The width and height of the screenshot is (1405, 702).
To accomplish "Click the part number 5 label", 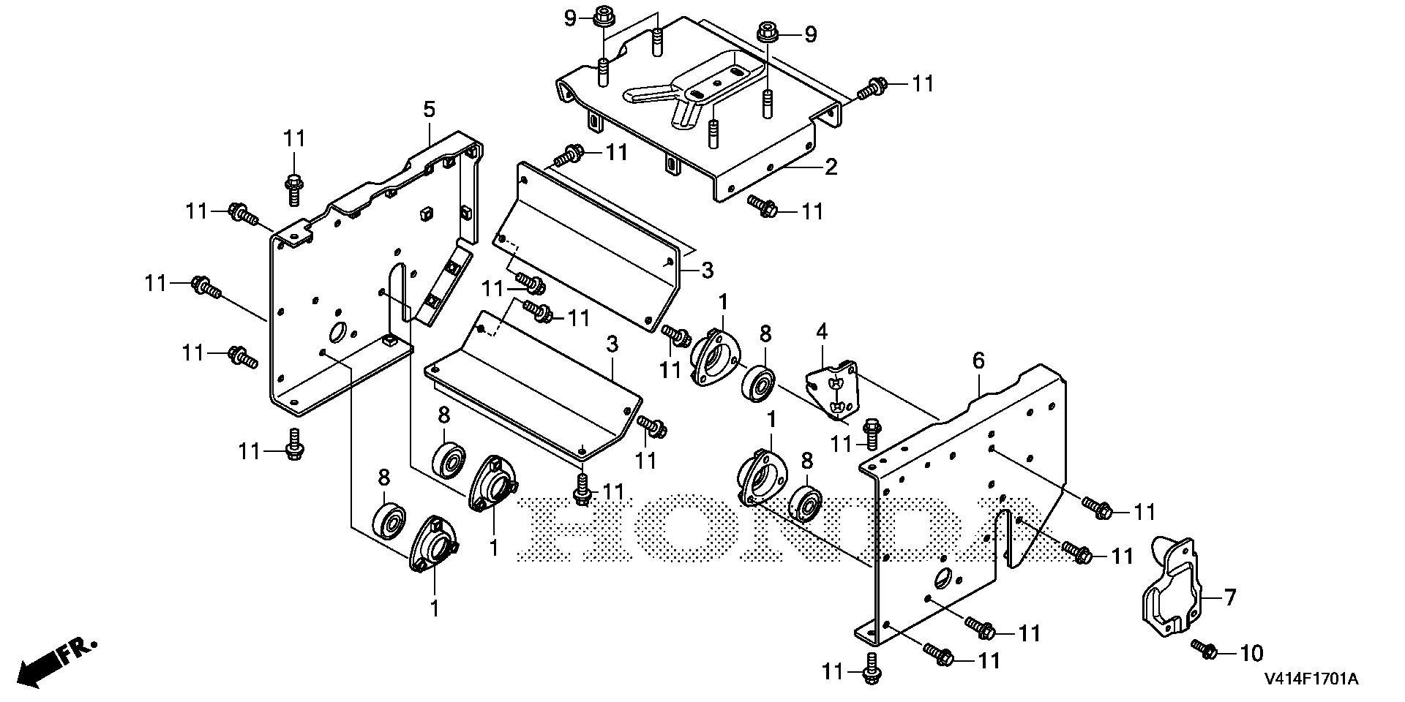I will (x=429, y=110).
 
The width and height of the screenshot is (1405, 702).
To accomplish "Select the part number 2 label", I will (x=830, y=167).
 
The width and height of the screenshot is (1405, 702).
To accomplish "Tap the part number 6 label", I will (x=978, y=360).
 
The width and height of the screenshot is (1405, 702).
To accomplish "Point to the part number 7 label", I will (x=1229, y=597).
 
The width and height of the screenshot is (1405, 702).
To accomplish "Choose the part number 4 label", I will (x=822, y=332).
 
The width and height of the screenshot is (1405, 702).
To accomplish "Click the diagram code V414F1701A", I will (x=1310, y=679).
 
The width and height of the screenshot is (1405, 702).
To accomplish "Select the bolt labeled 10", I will (x=1204, y=648).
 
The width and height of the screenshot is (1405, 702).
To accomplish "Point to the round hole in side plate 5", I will (x=337, y=333).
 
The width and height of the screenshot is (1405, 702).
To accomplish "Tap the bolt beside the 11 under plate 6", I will (x=871, y=668).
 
